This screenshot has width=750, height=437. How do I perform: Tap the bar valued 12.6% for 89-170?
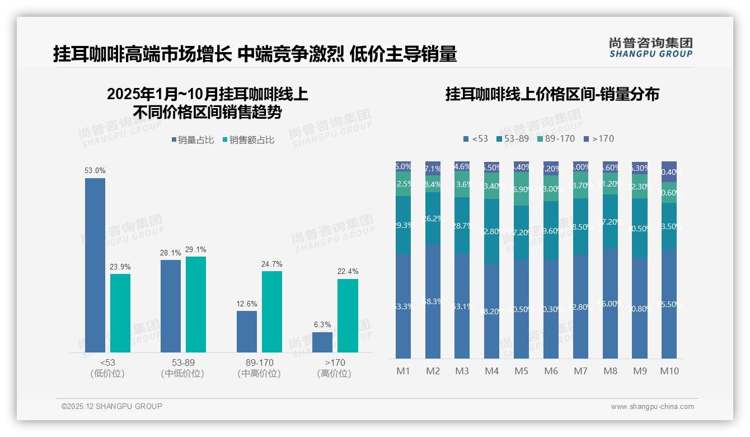click(246, 331)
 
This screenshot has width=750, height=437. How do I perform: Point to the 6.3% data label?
click(322, 324)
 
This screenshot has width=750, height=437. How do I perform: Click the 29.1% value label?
click(196, 249)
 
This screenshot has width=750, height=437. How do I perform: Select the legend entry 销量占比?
click(192, 140)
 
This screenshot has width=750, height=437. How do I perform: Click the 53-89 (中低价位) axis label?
click(182, 368)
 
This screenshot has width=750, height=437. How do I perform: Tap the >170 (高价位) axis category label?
click(334, 368)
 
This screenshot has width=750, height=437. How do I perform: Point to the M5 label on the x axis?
click(521, 371)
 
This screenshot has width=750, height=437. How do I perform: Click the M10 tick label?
click(669, 371)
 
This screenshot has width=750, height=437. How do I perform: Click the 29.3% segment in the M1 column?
click(403, 225)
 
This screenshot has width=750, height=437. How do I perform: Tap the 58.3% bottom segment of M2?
click(433, 301)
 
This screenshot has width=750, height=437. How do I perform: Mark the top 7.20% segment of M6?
click(551, 168)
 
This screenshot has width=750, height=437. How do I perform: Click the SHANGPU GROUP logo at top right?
click(650, 48)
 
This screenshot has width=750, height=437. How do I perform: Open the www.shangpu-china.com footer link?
click(652, 407)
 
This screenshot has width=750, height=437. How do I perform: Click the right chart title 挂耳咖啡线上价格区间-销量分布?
click(552, 94)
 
